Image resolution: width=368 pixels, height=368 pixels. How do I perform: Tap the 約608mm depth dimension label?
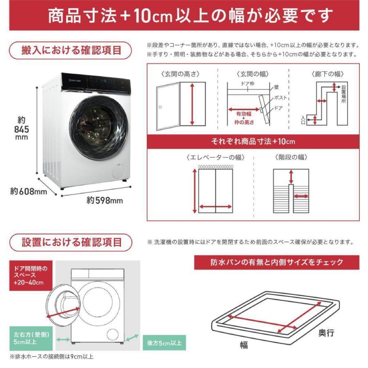tap(28, 191)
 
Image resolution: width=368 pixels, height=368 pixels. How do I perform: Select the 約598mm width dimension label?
tap(105, 200)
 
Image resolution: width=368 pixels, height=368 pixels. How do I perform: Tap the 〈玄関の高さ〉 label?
tap(181, 74)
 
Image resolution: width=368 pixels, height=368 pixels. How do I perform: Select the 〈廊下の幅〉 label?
tap(327, 74)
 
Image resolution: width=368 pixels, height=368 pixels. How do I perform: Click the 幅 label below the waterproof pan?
tap(243, 345)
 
